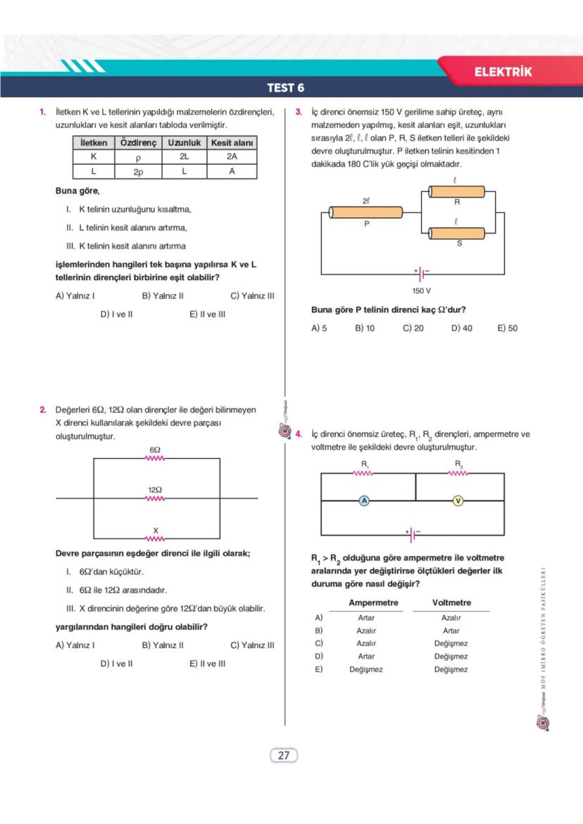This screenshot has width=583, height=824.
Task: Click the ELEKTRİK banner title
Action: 503,72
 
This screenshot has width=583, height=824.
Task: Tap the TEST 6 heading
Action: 285,88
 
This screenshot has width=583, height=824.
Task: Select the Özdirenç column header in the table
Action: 139,143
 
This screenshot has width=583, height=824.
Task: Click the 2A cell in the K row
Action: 232,157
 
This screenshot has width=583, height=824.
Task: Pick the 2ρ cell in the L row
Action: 139,172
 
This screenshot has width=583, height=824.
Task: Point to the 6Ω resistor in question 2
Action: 155,459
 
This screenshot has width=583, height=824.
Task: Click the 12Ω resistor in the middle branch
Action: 155,498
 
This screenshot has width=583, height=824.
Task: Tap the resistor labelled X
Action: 155,538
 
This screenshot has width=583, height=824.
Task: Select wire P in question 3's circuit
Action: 366,213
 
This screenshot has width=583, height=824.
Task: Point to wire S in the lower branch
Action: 456,234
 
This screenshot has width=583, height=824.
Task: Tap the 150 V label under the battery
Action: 421,291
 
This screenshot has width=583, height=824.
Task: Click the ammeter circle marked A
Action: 364,500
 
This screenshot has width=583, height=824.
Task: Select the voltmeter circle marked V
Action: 458,500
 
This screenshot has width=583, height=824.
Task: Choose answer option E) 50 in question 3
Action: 507,328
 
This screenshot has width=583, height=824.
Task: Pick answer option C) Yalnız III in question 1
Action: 251,296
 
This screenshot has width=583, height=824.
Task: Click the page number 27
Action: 284,756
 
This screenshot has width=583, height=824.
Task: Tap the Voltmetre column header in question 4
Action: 451,603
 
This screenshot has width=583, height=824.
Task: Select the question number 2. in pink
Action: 43,410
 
